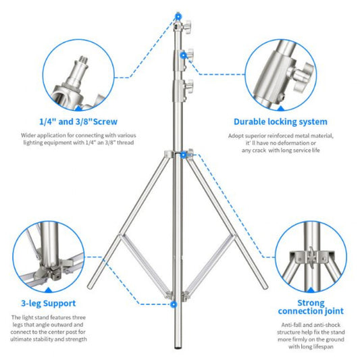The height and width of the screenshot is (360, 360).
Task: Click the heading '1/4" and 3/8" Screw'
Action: point(78,122)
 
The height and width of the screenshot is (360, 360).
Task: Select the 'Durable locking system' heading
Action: point(280,122)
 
